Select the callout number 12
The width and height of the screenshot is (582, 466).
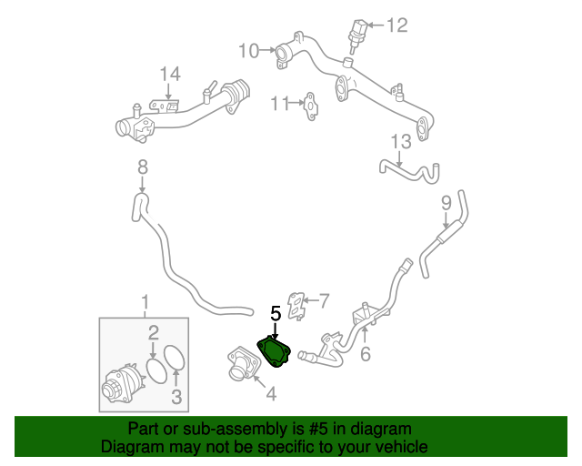coord(396,25)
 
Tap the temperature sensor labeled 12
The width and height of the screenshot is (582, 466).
coord(357,35)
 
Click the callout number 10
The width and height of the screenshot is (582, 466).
coord(248,51)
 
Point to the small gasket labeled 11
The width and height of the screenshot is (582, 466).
coord(311,106)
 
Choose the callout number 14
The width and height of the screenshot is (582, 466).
coord(170,74)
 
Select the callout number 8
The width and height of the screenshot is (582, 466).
coord(143,167)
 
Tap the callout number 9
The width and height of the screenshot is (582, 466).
coord(447,203)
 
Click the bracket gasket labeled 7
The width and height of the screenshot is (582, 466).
coord(297,306)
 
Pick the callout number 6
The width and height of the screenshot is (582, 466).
coord(366,353)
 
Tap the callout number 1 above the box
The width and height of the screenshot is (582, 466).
coord(145,302)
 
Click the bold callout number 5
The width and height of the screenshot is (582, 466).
coord(276,314)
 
